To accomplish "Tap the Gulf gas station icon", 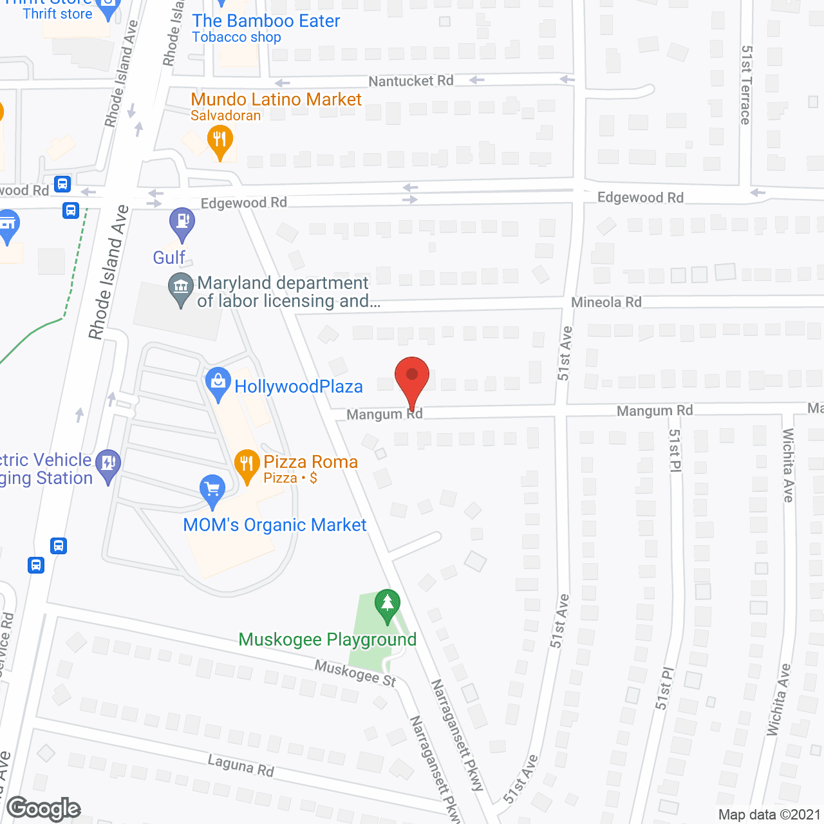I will (182, 223).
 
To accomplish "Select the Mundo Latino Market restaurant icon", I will (220, 141).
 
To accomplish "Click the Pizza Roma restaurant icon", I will (247, 465).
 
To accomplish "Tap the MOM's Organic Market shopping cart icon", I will (212, 491).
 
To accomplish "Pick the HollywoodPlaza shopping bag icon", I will (218, 382).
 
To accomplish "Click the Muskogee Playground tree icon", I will (387, 605).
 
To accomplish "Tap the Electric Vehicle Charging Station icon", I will (108, 464).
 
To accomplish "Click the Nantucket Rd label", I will (411, 81).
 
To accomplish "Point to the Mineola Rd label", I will (606, 302).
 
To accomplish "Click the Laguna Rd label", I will (241, 765).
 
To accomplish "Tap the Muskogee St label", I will (355, 673).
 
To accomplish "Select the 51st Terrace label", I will (746, 84).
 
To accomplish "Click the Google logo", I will (44, 809).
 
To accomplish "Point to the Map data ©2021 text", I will (769, 815).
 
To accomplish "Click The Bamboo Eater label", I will (266, 21).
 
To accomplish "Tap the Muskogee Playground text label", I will (327, 639).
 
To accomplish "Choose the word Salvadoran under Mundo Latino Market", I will (225, 116).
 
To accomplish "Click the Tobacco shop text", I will (236, 37).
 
